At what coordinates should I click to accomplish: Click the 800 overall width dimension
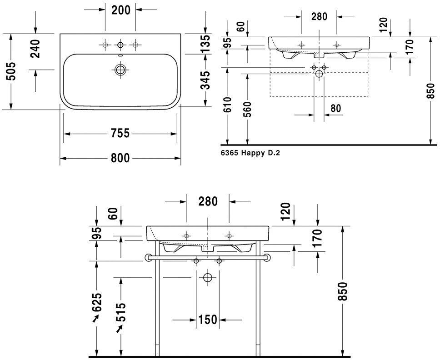pos(120,158)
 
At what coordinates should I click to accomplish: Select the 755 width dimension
pos(120,133)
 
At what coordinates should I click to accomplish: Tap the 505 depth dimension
pos(11,71)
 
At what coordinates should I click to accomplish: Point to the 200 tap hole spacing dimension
pos(121,10)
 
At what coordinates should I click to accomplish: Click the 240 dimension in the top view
pos(35,49)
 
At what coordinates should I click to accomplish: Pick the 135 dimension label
pos(205,44)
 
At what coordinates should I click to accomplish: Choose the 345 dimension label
pos(205,80)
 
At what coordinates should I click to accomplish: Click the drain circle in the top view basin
pos(120,70)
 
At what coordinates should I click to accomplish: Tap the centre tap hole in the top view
pos(120,45)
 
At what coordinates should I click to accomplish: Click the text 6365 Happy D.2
pos(250,153)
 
